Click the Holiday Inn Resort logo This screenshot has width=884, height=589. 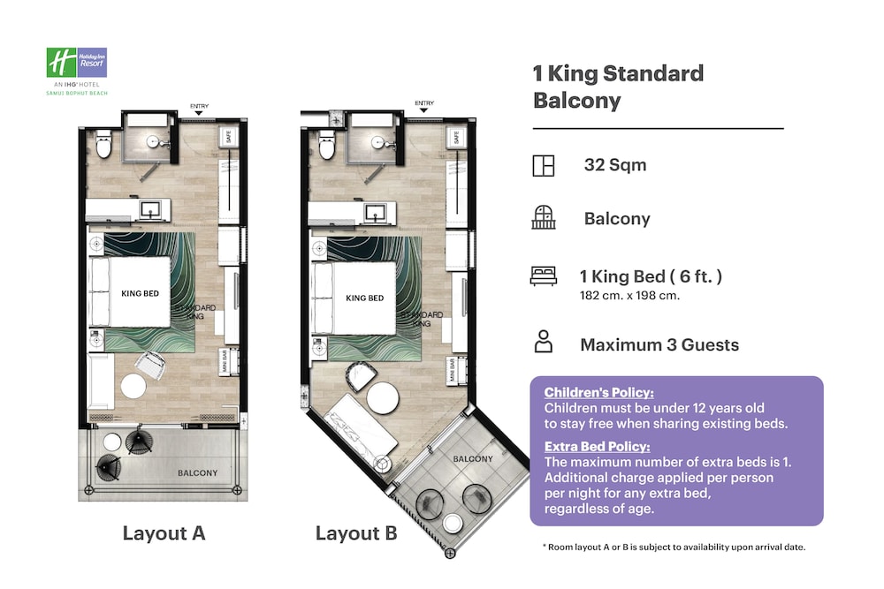[77, 63]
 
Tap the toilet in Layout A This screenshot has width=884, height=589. [103, 145]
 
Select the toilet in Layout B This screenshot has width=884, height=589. [326, 145]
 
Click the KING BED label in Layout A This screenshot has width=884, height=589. [140, 293]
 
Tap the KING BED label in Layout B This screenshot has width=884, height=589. [364, 298]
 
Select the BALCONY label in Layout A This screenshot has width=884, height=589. [197, 473]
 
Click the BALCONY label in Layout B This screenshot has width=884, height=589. [473, 459]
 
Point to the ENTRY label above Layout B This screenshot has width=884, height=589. [424, 103]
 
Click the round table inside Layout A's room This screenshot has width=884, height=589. [134, 387]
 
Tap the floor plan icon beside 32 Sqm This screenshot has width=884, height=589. [543, 165]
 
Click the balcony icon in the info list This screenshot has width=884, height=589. [543, 218]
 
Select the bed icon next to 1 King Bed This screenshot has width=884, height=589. [543, 276]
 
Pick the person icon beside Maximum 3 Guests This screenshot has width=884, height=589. [543, 342]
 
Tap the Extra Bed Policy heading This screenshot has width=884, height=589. [597, 446]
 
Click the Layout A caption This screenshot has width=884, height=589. [164, 533]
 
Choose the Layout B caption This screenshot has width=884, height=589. [356, 533]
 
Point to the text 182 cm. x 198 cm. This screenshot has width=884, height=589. [629, 296]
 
